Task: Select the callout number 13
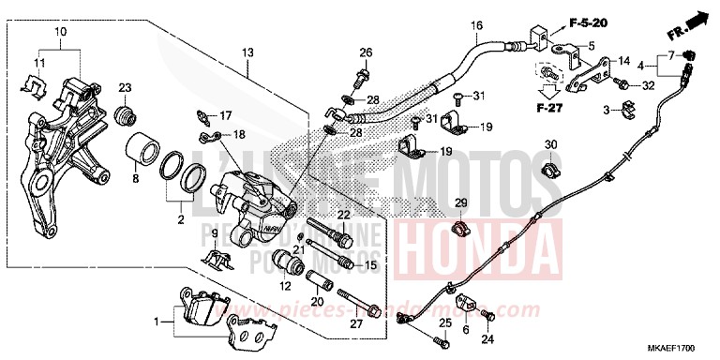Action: (247, 52)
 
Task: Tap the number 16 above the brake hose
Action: (476, 25)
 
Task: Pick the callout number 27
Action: (355, 324)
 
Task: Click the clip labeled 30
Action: (551, 171)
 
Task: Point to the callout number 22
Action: (343, 215)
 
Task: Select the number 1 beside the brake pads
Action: (157, 322)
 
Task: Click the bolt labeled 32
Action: (621, 86)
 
